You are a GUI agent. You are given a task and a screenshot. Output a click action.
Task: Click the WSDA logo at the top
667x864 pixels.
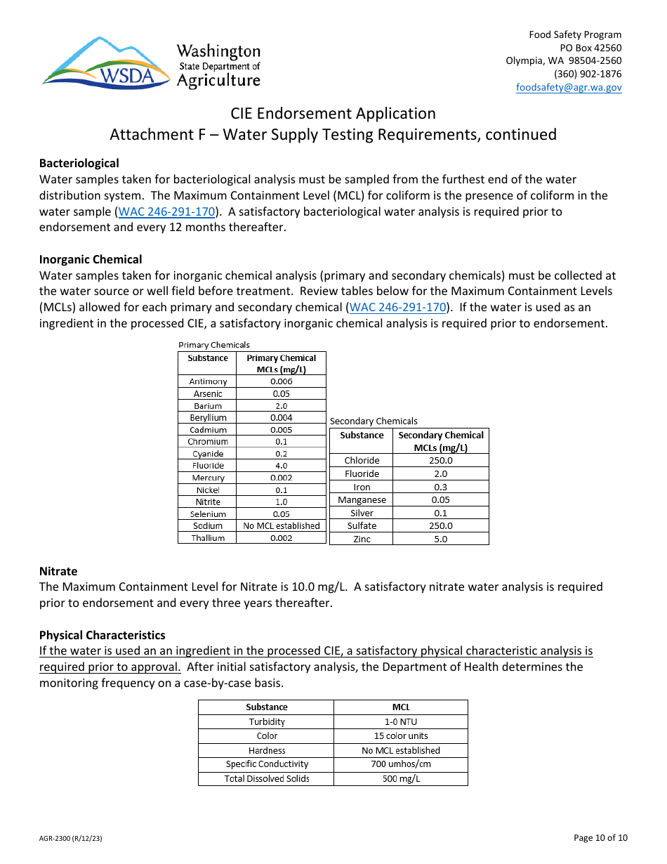[151, 63]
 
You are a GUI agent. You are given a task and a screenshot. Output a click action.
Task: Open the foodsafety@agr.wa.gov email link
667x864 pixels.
[569, 87]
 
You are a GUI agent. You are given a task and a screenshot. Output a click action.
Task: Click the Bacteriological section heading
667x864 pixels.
[79, 163]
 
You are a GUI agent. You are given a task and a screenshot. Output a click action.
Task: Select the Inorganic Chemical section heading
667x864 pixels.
[91, 259]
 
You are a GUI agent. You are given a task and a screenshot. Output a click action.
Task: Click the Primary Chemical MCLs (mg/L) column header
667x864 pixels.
[281, 363]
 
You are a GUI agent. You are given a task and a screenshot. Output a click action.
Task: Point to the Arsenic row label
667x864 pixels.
[208, 394]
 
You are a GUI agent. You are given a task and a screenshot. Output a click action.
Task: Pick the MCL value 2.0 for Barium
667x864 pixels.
[281, 406]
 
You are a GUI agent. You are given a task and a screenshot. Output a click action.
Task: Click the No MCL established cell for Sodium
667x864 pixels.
[281, 525]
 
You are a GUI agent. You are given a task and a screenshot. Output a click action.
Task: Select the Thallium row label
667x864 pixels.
[208, 538]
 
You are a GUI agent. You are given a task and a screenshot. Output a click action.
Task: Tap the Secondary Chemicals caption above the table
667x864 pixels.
[374, 421]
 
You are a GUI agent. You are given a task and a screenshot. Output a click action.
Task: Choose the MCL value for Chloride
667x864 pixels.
[440, 461]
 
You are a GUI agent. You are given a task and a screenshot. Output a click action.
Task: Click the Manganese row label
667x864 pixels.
[362, 500]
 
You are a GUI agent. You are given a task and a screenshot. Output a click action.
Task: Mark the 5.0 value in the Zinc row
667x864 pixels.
[440, 539]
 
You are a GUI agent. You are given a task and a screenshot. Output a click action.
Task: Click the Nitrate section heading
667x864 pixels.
[58, 571]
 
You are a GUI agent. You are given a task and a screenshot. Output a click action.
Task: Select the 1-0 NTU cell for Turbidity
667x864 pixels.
[400, 722]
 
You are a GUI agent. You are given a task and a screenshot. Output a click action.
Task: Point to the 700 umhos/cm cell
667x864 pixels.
[400, 764]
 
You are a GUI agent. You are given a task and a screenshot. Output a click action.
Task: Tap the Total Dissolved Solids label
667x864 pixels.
[267, 778]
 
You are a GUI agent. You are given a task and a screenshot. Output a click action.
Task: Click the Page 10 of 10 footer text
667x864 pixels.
[600, 837]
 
